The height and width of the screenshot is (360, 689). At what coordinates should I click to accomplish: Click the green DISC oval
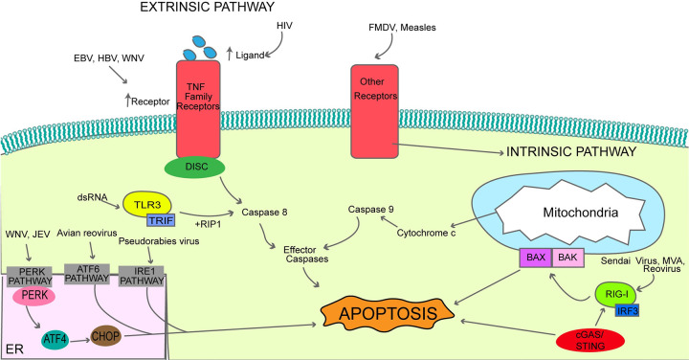[x=194, y=167]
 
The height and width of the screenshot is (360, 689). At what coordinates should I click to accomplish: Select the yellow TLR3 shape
[x=146, y=204]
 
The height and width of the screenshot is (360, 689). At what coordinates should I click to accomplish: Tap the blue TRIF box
[x=161, y=220]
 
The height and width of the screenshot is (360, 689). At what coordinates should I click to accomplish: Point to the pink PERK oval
[x=34, y=296]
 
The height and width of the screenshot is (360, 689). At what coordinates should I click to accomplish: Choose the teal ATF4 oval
[x=56, y=339]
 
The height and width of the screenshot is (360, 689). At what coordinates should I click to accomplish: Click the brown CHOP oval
[x=105, y=337]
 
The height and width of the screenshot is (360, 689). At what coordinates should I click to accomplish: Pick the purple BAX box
[x=535, y=258]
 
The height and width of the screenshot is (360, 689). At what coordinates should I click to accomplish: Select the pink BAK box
[x=567, y=258]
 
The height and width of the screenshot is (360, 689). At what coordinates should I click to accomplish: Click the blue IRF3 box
[x=627, y=311]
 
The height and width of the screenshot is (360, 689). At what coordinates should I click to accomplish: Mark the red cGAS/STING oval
[x=589, y=340]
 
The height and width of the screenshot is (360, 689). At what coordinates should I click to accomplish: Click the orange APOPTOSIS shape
[x=388, y=313]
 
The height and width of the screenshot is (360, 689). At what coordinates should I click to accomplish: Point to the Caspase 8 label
[x=264, y=213]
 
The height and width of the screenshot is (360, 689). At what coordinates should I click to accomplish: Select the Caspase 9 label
[x=371, y=210]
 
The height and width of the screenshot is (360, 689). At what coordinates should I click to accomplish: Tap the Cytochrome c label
[x=426, y=233]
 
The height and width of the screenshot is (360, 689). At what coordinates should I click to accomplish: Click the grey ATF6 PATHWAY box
[x=86, y=274]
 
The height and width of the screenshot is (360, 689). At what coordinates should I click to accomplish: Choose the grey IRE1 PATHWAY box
[x=142, y=276]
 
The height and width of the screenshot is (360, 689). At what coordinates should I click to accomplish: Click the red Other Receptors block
[x=374, y=112]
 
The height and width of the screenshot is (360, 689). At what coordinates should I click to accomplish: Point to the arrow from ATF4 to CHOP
[x=80, y=340]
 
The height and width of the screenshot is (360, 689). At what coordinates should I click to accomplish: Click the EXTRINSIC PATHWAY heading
[x=207, y=7]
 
